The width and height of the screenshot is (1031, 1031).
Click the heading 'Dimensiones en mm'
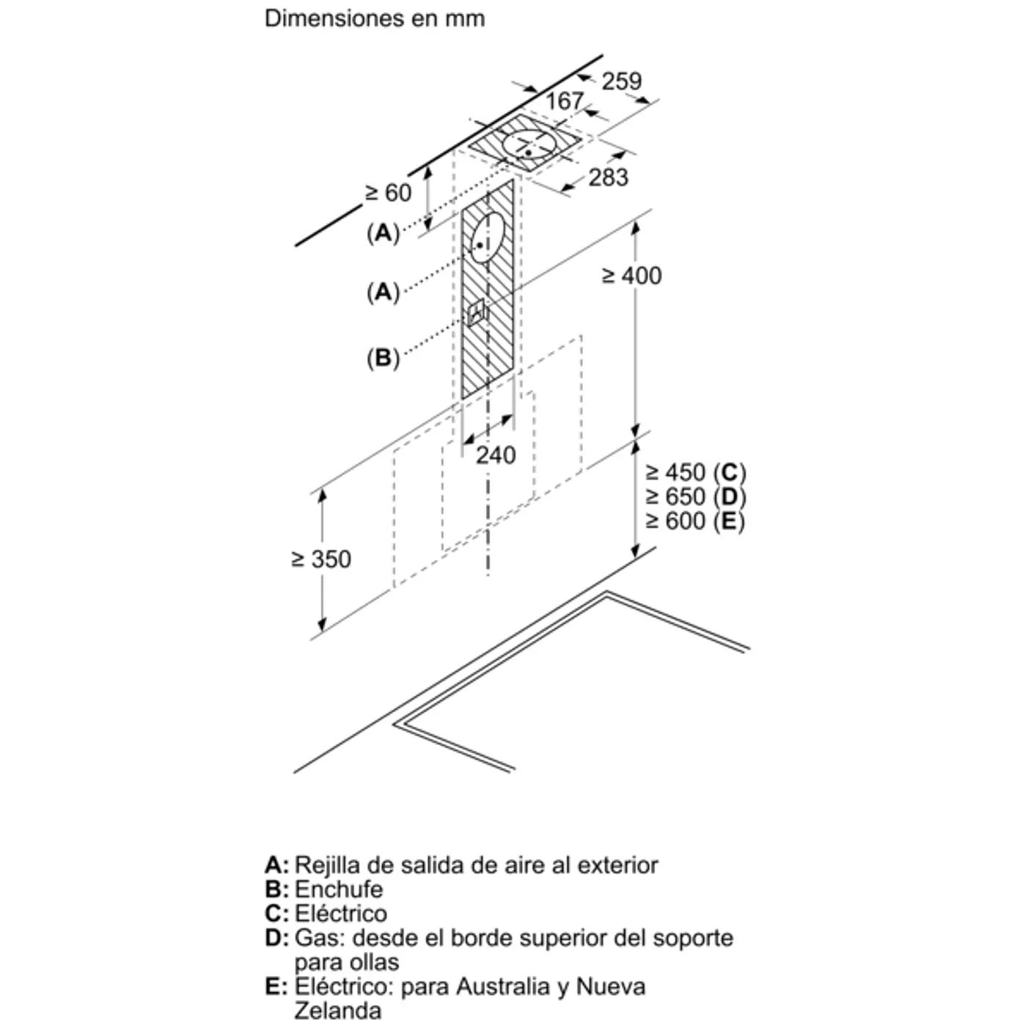pos(375,19)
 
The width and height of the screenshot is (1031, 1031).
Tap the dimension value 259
pos(622,81)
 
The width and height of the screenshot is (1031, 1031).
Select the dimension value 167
pos(565,100)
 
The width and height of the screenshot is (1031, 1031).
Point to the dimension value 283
pos(609,177)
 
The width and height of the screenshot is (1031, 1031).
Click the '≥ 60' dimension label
pos(389,193)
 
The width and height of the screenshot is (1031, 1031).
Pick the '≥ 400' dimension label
pos(632,276)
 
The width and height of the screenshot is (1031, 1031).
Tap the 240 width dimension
pos(496,455)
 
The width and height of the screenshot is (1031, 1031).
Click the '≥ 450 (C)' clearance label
pos(696,473)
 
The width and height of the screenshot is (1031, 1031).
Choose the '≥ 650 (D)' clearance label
pos(696,497)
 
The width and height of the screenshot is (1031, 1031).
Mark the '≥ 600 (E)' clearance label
pos(696,521)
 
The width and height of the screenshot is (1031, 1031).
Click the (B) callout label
pos(383,358)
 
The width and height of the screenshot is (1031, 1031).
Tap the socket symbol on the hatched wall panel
pos(476,312)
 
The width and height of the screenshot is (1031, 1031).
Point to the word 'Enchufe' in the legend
pos(339,889)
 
